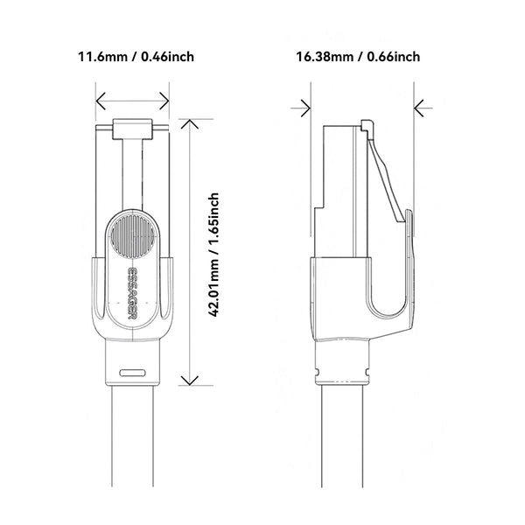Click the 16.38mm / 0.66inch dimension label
tap(358, 58)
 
